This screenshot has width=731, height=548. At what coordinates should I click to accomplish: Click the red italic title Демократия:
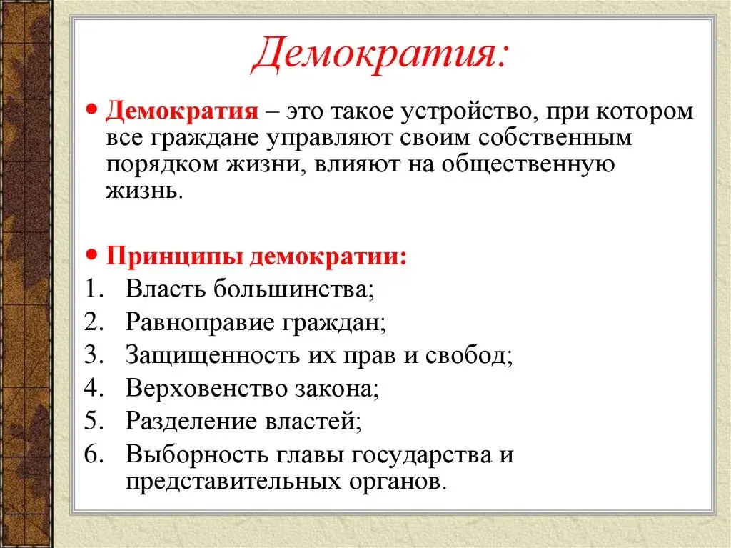pos(378,58)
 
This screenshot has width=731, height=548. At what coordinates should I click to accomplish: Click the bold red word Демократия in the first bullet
pos(182,113)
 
